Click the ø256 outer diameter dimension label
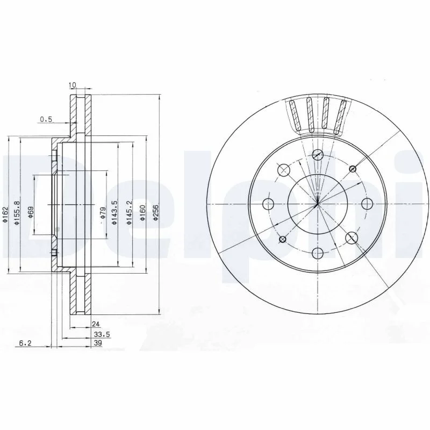click(156, 212)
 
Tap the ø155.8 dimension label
click(17, 213)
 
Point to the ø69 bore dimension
click(31, 212)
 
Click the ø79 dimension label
click(103, 213)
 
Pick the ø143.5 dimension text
click(115, 213)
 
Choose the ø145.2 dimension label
click(130, 213)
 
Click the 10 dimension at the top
click(73, 85)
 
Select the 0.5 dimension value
click(46, 119)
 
